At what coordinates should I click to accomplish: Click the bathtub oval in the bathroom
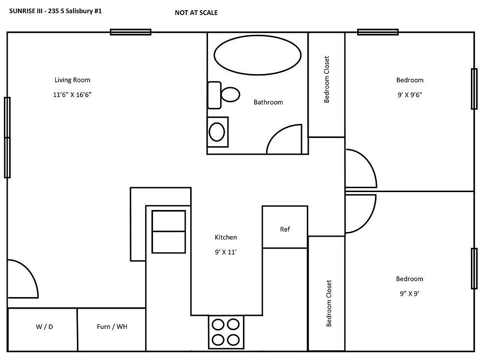coord(257,57)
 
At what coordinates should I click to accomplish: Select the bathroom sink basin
coord(217,131)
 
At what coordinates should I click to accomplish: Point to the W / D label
coord(44,327)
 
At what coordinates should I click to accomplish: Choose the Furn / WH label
coord(112,327)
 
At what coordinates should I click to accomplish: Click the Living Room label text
coord(72,80)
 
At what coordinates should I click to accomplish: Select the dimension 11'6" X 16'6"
coord(72,95)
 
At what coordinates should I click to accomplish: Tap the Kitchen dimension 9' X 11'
coord(226,252)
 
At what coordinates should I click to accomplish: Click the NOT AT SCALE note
coord(196,13)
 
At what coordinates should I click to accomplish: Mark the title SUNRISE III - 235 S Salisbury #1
coord(56,10)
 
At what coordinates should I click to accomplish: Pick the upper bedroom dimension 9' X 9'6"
coord(409,95)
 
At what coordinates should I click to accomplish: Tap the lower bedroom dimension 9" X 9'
coord(409,293)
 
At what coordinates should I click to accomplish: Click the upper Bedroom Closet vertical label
coord(327,79)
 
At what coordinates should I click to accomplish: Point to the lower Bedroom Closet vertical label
coord(329,303)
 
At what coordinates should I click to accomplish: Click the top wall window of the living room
coord(130,32)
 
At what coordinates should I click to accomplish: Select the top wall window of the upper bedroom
coord(377,32)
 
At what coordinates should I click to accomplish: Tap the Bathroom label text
coord(268,103)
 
